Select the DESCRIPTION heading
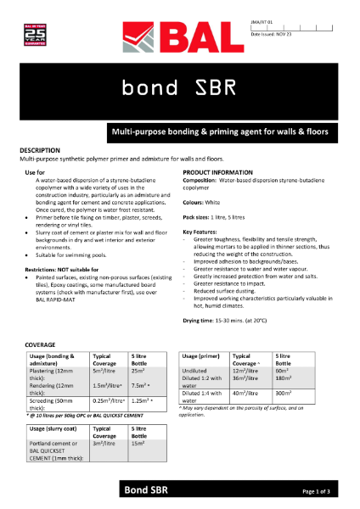click(x=40, y=150)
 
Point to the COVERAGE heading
click(x=37, y=344)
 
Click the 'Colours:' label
click(x=197, y=202)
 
